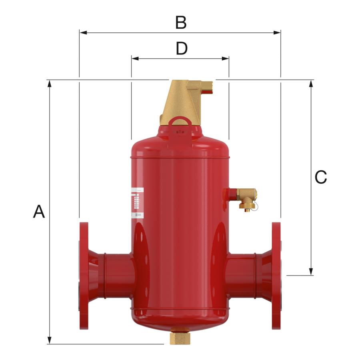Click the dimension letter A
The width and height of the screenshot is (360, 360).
click(x=39, y=212)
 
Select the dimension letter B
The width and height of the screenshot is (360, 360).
click(x=181, y=23)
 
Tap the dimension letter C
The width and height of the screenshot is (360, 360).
click(x=320, y=177)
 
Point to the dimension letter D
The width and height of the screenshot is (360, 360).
click(x=181, y=49)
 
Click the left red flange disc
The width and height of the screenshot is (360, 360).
click(x=84, y=276)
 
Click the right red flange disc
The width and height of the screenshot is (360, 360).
click(x=276, y=276)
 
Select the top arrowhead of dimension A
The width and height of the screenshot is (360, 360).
click(x=50, y=83)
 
